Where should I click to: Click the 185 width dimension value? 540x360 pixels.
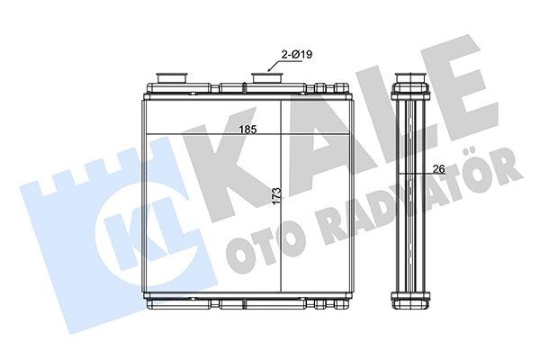pyautogui.click(x=248, y=130)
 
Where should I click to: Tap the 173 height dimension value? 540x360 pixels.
pyautogui.click(x=277, y=197)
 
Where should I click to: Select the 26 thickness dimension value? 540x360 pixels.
pyautogui.click(x=439, y=169)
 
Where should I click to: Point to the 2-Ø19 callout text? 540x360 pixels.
pyautogui.click(x=297, y=54)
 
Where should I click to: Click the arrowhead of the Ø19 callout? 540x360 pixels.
pyautogui.click(x=270, y=70)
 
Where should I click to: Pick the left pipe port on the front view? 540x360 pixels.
pyautogui.click(x=172, y=77)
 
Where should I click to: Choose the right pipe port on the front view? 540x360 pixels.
pyautogui.click(x=267, y=77)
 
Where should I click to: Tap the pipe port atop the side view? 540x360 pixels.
pyautogui.click(x=410, y=78)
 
